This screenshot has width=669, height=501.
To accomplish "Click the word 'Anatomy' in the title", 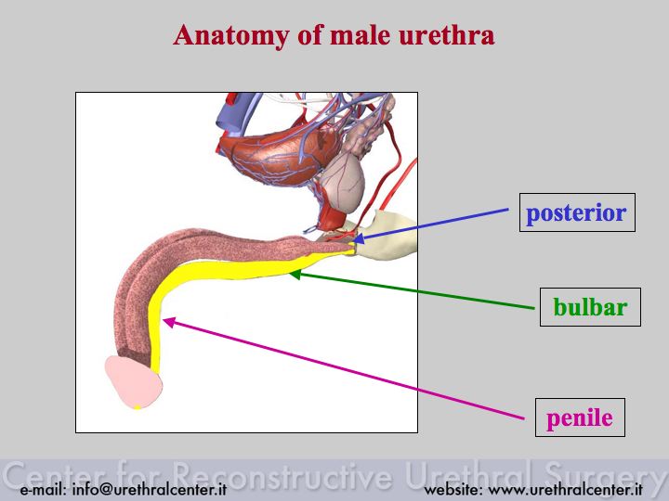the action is pos(230,36).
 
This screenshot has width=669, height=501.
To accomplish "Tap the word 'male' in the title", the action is pos(361,35).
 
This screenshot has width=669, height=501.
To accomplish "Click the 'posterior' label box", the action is pos(577,212).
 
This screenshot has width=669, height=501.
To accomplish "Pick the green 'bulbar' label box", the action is pos(590,307).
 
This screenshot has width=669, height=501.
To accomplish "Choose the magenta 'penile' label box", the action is pos(580,417).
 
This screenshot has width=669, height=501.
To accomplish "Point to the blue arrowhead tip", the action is pos(354,241).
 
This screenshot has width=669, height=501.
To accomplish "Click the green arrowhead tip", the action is pos(289,274).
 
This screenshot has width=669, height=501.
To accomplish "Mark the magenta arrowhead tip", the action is pos(163,319).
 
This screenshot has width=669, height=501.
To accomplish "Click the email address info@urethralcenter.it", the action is pos(150,490).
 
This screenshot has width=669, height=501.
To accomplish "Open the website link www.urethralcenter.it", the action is pos(565,490).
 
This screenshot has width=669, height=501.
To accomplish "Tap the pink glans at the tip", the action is pos(134,382).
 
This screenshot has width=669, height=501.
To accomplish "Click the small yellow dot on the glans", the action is pos(138,407).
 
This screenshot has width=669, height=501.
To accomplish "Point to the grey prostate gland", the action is pos(343,182).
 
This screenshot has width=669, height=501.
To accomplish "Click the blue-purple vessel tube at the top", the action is pos(235,111).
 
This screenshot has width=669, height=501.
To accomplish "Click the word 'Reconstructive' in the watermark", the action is pos(282,475).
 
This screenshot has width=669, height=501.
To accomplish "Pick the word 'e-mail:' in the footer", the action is pos(43,490).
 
